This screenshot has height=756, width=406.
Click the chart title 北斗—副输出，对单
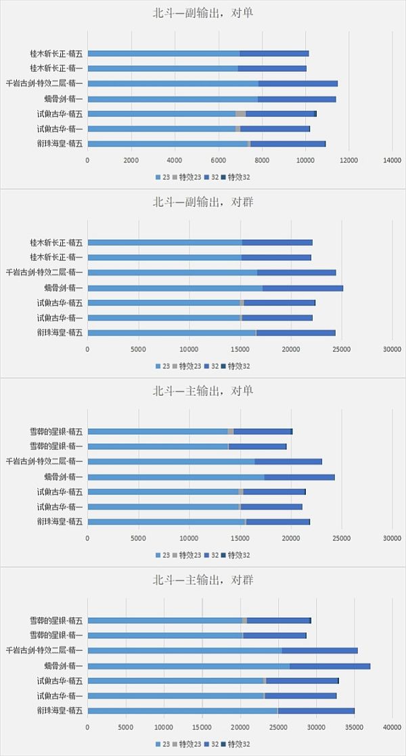tap(203, 13)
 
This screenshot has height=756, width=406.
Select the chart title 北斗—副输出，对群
tap(203, 202)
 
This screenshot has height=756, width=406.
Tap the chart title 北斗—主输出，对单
tap(203, 391)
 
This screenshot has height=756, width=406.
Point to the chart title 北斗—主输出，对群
tap(203, 580)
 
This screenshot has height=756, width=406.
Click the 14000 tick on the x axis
tap(392, 160)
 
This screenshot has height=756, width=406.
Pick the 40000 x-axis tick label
tap(392, 727)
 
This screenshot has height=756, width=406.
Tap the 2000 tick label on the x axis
tap(131, 160)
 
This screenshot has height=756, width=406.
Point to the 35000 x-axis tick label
tap(355, 727)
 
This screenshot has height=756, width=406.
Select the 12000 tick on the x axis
tap(348, 160)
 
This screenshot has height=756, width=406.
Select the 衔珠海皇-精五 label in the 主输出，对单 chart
tap(60, 522)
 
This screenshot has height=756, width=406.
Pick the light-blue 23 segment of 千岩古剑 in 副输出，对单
tap(173, 83)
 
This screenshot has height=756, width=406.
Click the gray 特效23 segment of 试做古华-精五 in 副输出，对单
tap(240, 114)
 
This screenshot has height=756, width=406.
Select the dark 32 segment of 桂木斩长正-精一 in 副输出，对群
tap(276, 257)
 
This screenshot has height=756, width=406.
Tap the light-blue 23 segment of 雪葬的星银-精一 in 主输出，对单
tap(158, 446)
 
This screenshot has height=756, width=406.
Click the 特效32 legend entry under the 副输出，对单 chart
tap(238, 177)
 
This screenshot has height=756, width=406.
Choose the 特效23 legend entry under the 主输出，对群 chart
tap(189, 744)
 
